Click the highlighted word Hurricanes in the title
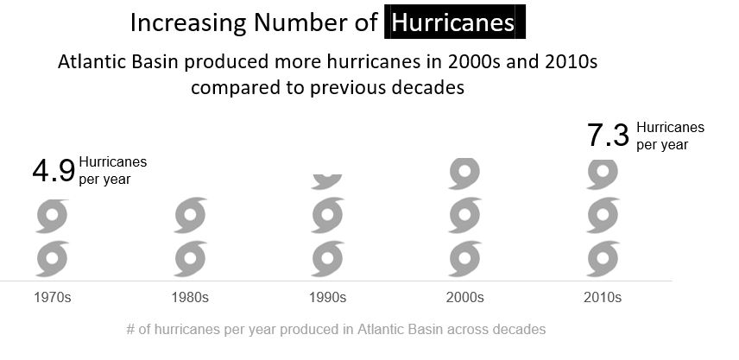(x=453, y=22)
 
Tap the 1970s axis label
(x=53, y=298)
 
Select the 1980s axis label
(x=190, y=298)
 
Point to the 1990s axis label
(x=327, y=298)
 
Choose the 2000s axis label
(x=464, y=298)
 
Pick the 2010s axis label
(x=602, y=298)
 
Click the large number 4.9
(x=54, y=171)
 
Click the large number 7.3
(x=609, y=136)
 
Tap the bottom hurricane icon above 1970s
(x=52, y=259)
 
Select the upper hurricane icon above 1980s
(x=190, y=216)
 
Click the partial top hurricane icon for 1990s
(x=327, y=180)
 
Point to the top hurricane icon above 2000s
(x=464, y=174)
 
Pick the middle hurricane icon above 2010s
(x=603, y=216)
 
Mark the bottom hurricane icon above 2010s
(x=603, y=259)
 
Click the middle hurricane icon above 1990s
(x=327, y=216)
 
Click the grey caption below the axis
(x=336, y=330)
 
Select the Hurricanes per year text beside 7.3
(x=670, y=136)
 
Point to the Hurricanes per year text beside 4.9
(x=112, y=170)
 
